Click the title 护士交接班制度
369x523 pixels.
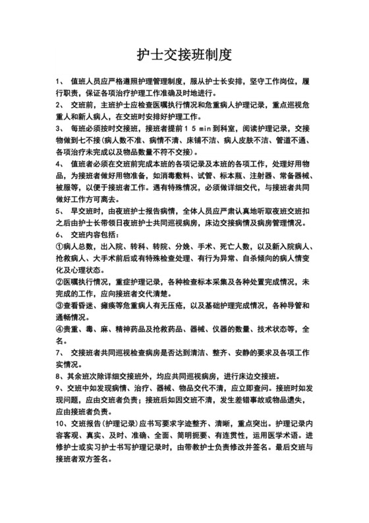(x=184, y=53)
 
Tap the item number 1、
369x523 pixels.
(x=61, y=83)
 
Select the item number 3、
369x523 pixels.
(x=61, y=128)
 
